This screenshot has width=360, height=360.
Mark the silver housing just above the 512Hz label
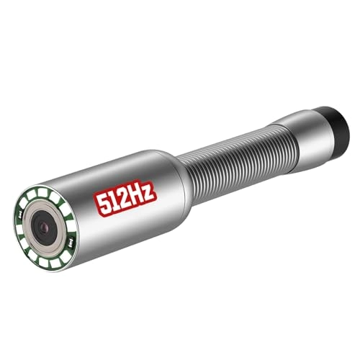[x=115, y=169]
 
